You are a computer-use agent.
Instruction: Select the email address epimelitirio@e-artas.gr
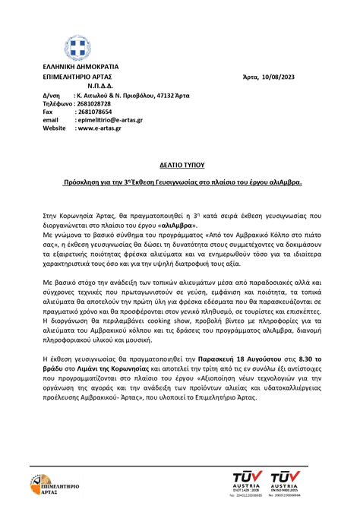click(112, 120)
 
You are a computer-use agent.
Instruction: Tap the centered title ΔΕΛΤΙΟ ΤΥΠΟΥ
click(180, 164)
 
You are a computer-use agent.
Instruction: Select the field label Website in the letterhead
click(54, 128)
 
